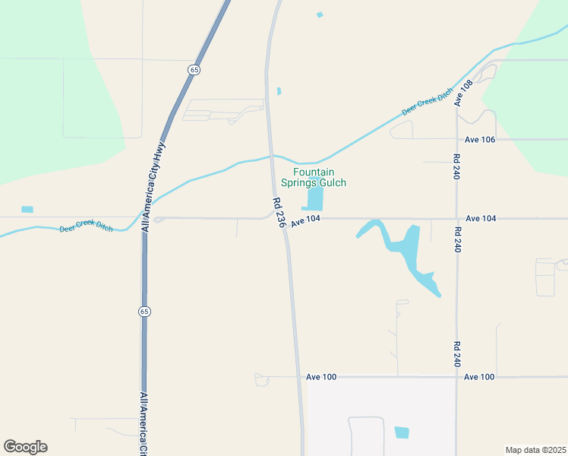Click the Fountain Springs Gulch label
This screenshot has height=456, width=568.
click(x=313, y=178)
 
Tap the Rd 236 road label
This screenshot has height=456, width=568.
click(x=279, y=213)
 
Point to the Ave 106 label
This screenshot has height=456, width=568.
click(x=480, y=140)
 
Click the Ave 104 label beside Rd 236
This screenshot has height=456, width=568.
click(x=306, y=219)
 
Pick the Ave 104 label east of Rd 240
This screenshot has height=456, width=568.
click(x=481, y=219)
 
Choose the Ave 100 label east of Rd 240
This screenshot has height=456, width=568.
click(x=479, y=377)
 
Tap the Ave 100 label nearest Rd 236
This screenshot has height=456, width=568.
click(x=321, y=377)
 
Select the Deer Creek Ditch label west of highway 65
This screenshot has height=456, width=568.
click(x=86, y=227)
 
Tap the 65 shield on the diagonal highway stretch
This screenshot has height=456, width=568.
click(x=195, y=69)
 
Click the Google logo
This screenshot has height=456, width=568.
click(x=25, y=447)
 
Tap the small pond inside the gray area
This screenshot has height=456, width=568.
click(x=402, y=432)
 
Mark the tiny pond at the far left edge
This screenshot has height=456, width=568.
click(x=27, y=209)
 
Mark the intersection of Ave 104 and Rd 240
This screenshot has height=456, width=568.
click(x=456, y=219)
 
